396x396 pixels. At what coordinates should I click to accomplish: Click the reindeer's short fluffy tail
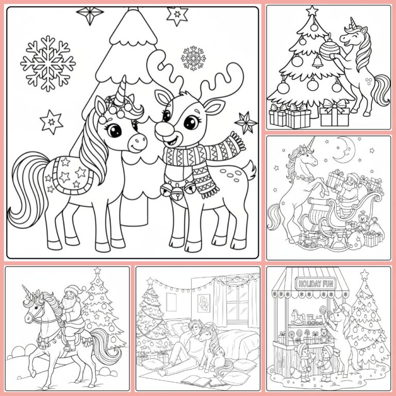pyautogui.click(x=250, y=170)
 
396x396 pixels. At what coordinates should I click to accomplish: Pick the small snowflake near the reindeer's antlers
pyautogui.click(x=193, y=58)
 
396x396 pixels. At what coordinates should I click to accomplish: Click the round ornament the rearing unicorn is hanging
pyautogui.click(x=329, y=48)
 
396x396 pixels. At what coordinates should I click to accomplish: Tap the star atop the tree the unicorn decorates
pyautogui.click(x=311, y=10)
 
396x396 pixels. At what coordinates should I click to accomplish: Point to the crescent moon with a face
pyautogui.click(x=343, y=150)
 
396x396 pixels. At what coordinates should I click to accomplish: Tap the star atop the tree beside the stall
pyautogui.click(x=365, y=274)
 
